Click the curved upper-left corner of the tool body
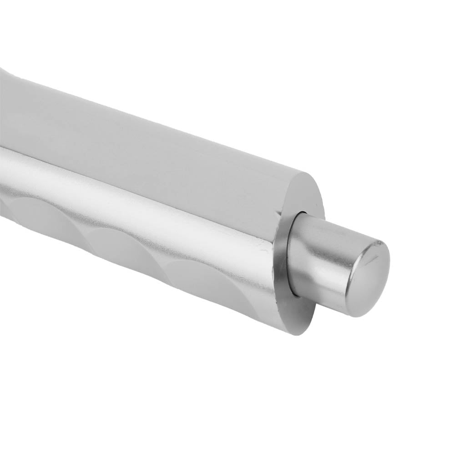tap(7, 73)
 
